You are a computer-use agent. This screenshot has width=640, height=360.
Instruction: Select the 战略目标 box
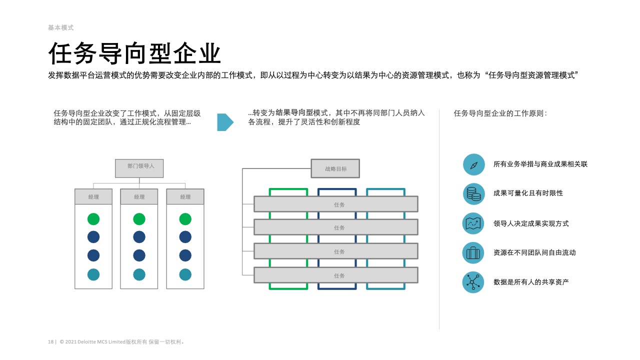(x=335, y=168)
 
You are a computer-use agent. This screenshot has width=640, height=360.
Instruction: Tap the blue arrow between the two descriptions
(x=225, y=122)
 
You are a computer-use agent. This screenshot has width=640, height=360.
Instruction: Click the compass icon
(x=473, y=164)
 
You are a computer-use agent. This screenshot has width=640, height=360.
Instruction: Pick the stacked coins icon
(x=473, y=194)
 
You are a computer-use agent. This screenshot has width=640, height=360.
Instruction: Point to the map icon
(x=473, y=223)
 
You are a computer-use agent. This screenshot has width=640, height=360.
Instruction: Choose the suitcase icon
(x=473, y=253)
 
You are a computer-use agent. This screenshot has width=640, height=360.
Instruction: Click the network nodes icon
(x=473, y=282)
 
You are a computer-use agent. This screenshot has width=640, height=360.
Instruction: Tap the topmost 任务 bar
(x=335, y=204)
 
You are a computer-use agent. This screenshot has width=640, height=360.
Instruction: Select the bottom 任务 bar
(x=335, y=275)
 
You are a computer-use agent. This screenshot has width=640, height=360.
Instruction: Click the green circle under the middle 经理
(x=139, y=219)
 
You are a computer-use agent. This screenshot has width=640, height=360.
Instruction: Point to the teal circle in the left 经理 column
(x=93, y=274)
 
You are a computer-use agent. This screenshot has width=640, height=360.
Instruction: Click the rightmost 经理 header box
(x=185, y=196)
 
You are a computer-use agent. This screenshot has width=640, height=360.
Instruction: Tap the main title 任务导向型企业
(x=134, y=53)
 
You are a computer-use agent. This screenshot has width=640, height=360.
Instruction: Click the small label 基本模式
(x=60, y=28)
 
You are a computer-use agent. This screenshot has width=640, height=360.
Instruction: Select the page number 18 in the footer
(x=51, y=342)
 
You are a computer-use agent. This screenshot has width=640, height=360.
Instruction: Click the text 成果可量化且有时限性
(x=528, y=193)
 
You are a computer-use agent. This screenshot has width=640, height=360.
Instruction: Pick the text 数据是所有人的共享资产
(x=531, y=282)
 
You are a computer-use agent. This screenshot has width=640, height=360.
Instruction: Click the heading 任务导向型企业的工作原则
(x=500, y=113)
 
